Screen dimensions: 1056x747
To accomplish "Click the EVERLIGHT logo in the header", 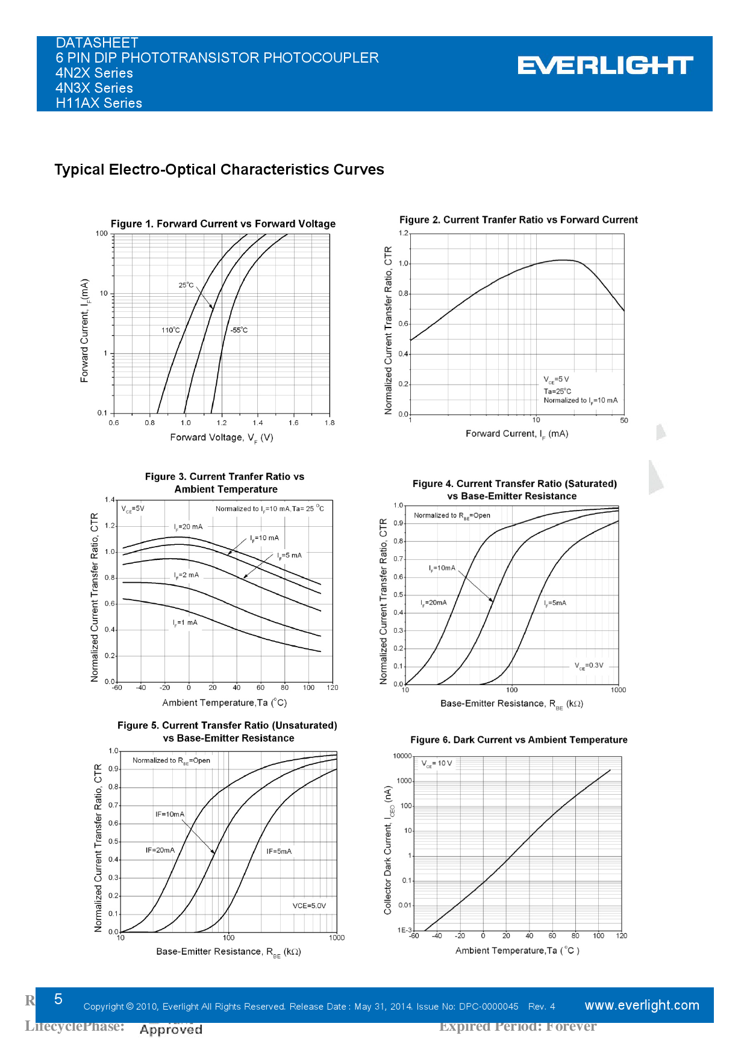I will (x=605, y=66).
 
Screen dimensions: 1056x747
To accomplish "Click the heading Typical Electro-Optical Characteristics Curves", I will (x=219, y=170).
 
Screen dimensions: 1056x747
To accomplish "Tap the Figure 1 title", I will (x=223, y=224).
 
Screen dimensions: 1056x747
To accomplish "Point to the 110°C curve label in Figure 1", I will (x=170, y=330).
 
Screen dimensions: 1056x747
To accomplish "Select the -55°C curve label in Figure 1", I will (x=239, y=330).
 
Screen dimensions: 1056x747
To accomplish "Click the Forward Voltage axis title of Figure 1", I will (x=222, y=438).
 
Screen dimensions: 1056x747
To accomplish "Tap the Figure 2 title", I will (x=518, y=220).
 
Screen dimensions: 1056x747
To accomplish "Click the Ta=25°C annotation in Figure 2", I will (x=557, y=391).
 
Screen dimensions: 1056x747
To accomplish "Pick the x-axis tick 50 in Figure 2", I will (x=624, y=420).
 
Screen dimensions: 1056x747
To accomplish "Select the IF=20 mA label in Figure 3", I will (x=189, y=527).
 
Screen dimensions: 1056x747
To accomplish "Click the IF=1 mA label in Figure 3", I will (x=185, y=623).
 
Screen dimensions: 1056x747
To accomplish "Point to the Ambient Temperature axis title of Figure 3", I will (x=224, y=703).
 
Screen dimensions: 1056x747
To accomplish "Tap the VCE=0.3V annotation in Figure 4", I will (x=589, y=665).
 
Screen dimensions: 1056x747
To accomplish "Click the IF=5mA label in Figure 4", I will (x=555, y=603).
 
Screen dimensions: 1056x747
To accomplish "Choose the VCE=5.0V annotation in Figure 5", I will (x=309, y=905).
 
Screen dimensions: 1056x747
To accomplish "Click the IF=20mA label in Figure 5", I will (x=160, y=850).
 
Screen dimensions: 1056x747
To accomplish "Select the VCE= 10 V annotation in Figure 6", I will (x=437, y=763).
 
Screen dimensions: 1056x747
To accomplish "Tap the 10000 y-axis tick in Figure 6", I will (x=402, y=756).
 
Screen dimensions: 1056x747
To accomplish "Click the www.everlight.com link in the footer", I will (x=642, y=1005).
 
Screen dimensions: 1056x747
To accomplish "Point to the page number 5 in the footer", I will (x=58, y=999).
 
